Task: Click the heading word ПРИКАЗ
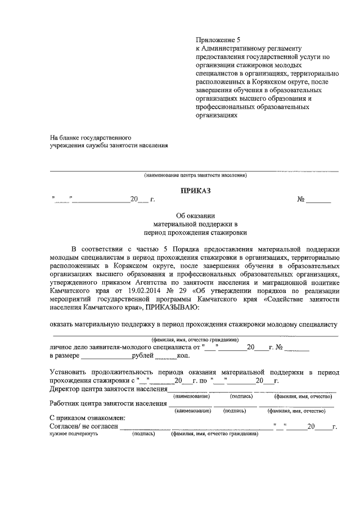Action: pyautogui.click(x=195, y=191)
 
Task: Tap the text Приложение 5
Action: pyautogui.click(x=217, y=40)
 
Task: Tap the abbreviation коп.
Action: pyautogui.click(x=183, y=356)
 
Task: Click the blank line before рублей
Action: pyautogui.click(x=106, y=357)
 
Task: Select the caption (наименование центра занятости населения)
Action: pyautogui.click(x=195, y=175)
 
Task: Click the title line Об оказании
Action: pyautogui.click(x=195, y=215)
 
